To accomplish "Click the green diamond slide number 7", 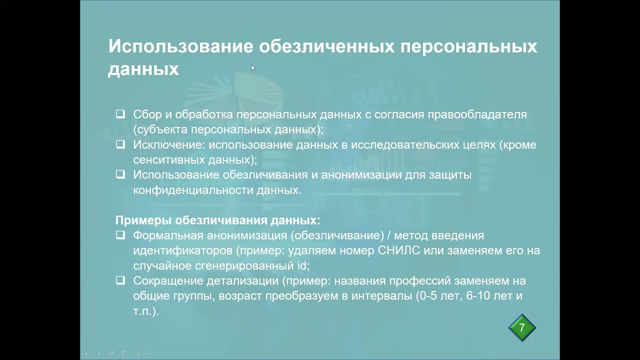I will click(x=522, y=328).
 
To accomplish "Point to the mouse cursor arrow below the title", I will click(x=253, y=67).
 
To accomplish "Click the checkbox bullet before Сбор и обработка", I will click(x=120, y=114).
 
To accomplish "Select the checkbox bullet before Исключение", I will click(x=120, y=144).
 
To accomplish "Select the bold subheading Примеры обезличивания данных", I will click(x=218, y=220).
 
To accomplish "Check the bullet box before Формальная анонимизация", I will click(x=120, y=235).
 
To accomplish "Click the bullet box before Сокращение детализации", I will click(x=120, y=280).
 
